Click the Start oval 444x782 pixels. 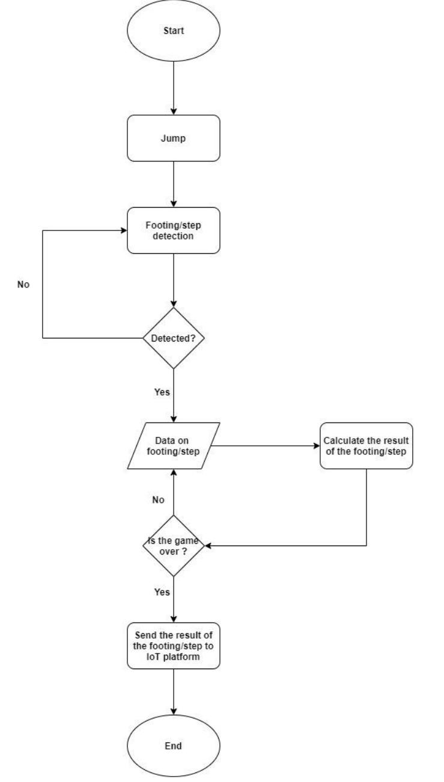coord(174,30)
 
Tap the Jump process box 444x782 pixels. coord(174,137)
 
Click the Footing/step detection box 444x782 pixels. coord(174,230)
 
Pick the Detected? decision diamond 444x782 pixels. coord(174,338)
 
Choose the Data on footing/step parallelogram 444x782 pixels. coord(174,445)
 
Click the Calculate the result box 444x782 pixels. coord(366,445)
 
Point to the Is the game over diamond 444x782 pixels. coord(174,546)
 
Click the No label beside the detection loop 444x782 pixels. coord(23,284)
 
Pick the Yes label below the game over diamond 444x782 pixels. coord(162,592)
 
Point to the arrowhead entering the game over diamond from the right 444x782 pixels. coord(207,546)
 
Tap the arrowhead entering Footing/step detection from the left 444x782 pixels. coord(123,230)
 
